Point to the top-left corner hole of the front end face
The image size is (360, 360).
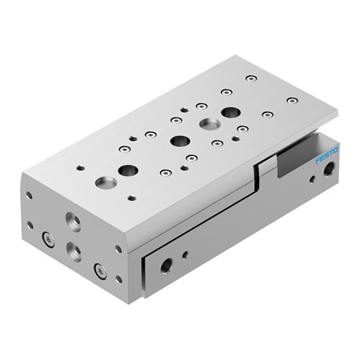(x=30, y=194)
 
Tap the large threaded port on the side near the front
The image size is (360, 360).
(x=166, y=265)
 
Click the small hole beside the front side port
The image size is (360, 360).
(x=186, y=254)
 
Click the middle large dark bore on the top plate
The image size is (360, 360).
(x=178, y=141)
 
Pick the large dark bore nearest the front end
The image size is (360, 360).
(x=127, y=170)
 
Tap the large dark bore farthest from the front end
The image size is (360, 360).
(x=230, y=112)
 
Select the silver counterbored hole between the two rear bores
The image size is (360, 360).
(x=210, y=124)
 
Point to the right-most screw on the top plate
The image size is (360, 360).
(x=292, y=100)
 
